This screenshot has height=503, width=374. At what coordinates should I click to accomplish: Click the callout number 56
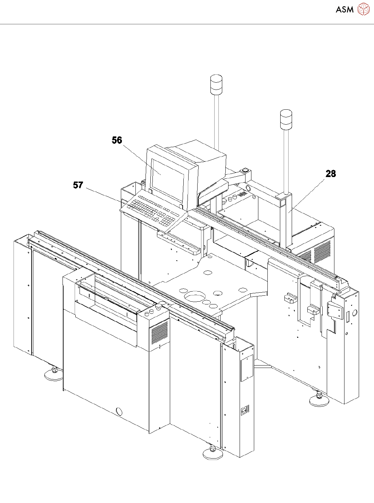click(117, 140)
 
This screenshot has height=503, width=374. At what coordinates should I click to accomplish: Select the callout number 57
click(78, 185)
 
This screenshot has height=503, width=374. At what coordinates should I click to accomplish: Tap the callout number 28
click(331, 174)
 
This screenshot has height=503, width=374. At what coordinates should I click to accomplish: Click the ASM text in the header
click(344, 9)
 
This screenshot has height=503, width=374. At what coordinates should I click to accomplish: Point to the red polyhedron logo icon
click(363, 9)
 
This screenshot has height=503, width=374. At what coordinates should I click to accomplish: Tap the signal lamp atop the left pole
click(216, 84)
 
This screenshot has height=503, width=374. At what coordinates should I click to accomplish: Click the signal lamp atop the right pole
click(286, 120)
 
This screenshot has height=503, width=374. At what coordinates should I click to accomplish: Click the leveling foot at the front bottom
click(213, 453)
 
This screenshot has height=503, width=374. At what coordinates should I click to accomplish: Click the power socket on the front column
click(245, 411)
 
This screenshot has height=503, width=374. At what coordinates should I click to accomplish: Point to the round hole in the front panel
click(119, 411)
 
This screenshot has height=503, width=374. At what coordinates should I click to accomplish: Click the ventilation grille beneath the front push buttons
click(160, 332)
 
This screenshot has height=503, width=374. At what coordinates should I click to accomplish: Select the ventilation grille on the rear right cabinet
click(322, 252)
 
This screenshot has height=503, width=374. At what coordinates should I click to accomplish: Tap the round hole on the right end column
click(354, 313)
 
